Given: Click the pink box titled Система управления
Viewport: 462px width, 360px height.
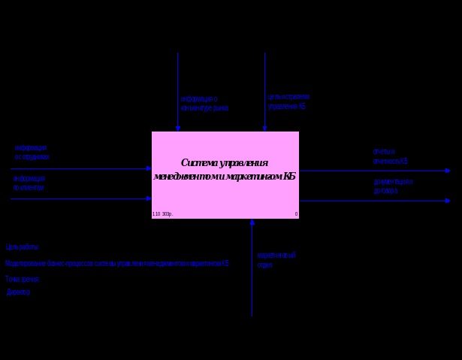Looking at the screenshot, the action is pos(225,175).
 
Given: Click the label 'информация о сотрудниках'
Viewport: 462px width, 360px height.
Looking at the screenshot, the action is pos(32,153).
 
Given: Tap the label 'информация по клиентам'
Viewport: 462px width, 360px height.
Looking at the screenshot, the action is pos(29,183).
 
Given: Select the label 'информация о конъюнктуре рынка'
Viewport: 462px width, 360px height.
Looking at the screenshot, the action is pos(204,104).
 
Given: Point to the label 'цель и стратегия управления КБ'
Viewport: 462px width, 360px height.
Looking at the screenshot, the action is pos(288,101).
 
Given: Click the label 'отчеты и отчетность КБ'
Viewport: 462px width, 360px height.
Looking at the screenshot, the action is pos(391,156).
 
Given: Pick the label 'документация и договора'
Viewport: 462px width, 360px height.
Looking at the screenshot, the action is pos(394,186).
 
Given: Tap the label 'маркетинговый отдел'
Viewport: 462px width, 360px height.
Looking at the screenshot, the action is pos(276,260).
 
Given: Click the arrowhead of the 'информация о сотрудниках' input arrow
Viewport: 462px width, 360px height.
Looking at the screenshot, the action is pos(149,168).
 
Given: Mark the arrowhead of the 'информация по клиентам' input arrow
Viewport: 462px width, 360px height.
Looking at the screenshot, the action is pos(149,198).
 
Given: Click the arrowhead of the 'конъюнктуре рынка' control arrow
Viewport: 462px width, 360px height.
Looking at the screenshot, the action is pos(178,129).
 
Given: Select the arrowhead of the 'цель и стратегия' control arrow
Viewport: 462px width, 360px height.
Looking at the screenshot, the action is pos(264,129).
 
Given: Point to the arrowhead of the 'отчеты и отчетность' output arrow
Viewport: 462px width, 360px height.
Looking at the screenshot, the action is pos(448,171).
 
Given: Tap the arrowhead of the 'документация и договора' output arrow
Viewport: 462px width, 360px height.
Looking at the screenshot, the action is pos(448,201).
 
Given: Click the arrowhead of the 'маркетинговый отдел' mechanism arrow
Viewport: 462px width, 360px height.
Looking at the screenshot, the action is pos(252,222).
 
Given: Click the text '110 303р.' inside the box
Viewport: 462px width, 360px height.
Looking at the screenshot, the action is pos(162,214).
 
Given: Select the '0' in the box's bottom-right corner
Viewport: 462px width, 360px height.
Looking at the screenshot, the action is pos(296,214).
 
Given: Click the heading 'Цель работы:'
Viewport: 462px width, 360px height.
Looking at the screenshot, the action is pos(22,247).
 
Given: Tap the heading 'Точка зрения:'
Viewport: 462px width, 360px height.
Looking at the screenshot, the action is pos(23,279).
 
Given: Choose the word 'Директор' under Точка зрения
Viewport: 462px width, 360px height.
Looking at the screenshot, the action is pos(19,292).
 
